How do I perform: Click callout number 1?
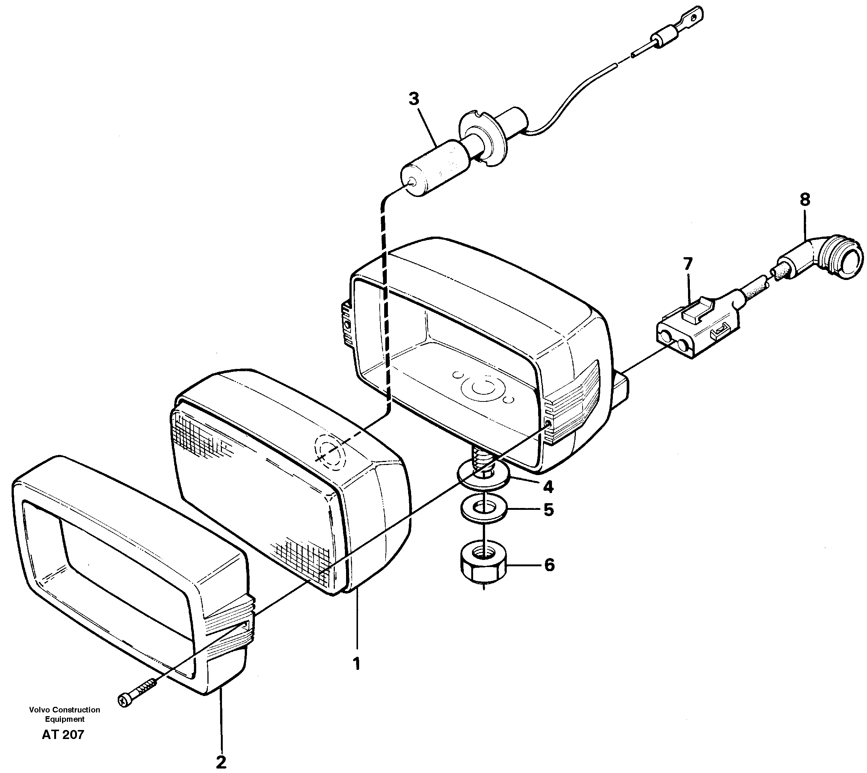pyautogui.click(x=357, y=663)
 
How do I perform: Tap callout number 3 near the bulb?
pyautogui.click(x=414, y=99)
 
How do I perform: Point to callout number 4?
pyautogui.click(x=548, y=487)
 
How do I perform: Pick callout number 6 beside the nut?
pyautogui.click(x=549, y=565)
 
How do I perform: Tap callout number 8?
pyautogui.click(x=805, y=200)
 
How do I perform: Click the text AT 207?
pyautogui.click(x=63, y=734)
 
